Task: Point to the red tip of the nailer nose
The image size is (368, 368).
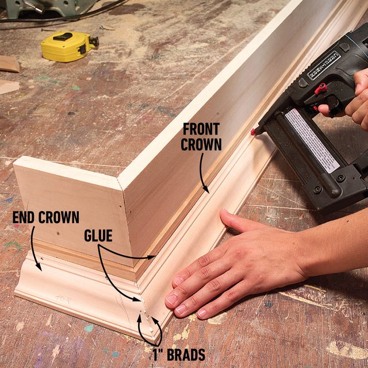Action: click(252, 132)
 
